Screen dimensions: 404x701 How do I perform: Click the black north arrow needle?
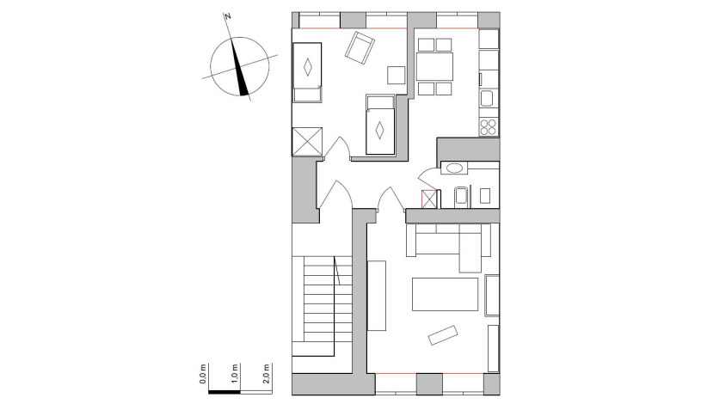243,74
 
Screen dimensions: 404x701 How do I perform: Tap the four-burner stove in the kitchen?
489,125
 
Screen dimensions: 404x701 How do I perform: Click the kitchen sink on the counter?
487,99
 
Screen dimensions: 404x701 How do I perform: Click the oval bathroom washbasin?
453,168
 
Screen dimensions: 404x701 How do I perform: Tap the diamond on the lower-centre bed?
379,131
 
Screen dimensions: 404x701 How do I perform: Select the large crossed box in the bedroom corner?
307,140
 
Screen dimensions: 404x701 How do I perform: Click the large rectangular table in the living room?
445,294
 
